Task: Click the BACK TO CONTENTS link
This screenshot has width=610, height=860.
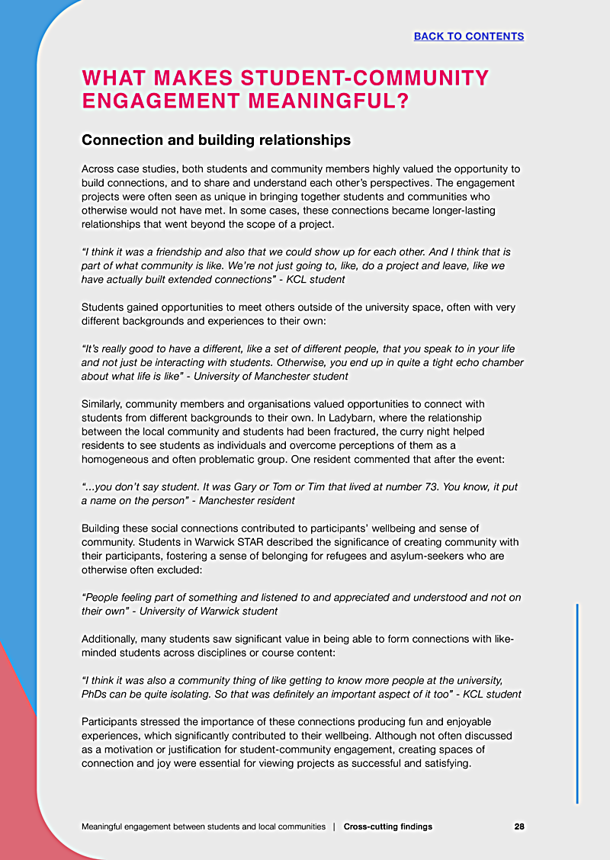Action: click(x=468, y=37)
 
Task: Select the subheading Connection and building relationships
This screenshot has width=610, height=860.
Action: click(x=216, y=140)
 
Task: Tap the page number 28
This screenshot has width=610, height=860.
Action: click(x=518, y=826)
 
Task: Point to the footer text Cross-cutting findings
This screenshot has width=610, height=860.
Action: click(x=387, y=826)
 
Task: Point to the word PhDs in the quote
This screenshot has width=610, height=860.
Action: click(x=96, y=694)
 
